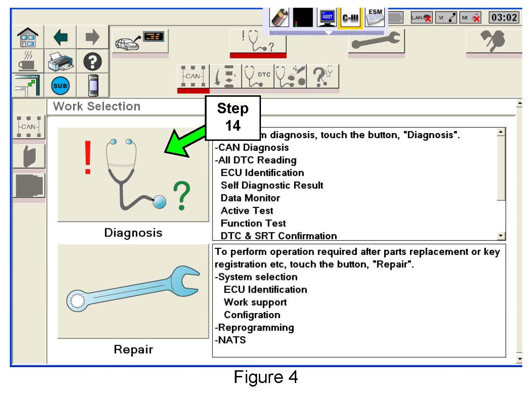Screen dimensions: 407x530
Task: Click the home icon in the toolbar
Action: pos(28,37)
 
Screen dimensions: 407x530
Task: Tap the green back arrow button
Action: pos(60,37)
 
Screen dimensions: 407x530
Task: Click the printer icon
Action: pos(60,62)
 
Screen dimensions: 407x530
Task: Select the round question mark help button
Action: pos(93,62)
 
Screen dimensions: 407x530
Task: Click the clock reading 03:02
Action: pos(504,17)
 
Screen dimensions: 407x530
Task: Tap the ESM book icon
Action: pos(375,17)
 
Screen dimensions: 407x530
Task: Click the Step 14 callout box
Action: pos(233,118)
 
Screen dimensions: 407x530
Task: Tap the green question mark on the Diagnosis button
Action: pos(181,195)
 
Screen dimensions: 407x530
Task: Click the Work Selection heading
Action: pos(96,106)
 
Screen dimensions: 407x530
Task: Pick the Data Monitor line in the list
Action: pos(250,198)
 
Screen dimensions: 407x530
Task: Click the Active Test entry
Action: pos(247,211)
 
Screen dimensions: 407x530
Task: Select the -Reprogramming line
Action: pos(255,328)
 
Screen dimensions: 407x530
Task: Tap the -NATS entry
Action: pos(231,340)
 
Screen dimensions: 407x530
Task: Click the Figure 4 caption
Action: pos(266,377)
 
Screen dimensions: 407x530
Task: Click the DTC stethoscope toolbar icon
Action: pos(258,76)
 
